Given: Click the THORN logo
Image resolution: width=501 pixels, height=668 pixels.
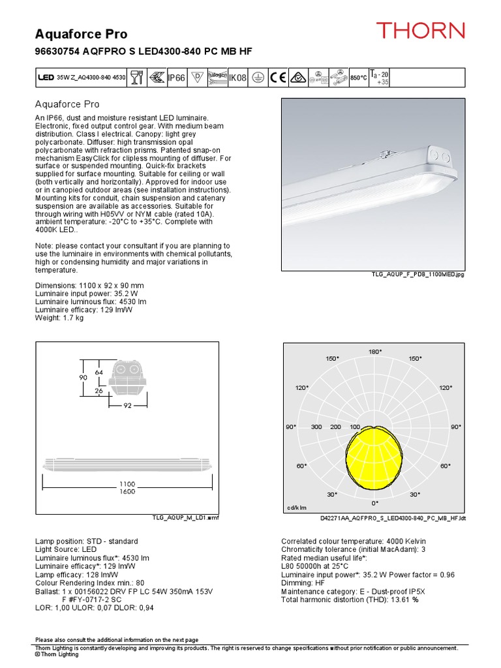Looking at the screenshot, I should pos(420,30).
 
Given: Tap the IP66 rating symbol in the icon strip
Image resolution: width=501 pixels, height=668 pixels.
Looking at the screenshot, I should pos(176,78).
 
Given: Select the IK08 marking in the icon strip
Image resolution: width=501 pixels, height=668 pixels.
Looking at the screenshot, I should pos(237,78).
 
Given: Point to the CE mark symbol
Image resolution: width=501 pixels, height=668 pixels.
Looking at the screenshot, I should pos(279,78).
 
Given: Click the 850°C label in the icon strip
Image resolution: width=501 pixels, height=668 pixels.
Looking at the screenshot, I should pos(358,78).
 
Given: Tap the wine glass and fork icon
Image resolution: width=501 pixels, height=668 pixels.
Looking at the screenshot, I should pos(136,78).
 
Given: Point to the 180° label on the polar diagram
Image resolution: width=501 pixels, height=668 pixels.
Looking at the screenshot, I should pos(375,352).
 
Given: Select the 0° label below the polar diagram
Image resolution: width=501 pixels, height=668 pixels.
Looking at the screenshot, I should pos(375,503).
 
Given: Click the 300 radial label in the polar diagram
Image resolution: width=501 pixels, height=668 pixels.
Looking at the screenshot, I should pos(317,427).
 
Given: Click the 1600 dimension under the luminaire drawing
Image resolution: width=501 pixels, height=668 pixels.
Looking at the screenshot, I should pos(127,492).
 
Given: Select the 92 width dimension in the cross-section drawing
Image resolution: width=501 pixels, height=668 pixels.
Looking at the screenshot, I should pos(128,405).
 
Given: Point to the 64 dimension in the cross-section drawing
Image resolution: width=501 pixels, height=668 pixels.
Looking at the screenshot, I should pos(99,372).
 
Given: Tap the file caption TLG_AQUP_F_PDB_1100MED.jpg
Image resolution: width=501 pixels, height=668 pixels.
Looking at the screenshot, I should pos(417,275).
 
